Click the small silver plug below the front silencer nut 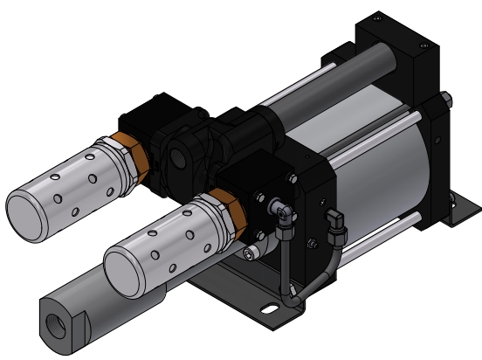pyautogui.click(x=250, y=253)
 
